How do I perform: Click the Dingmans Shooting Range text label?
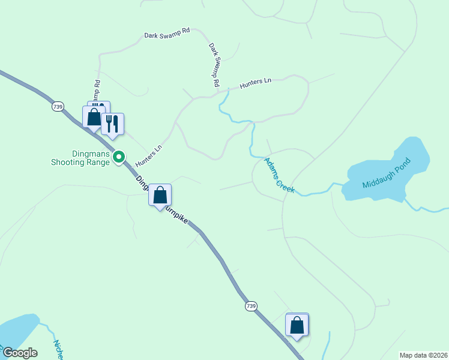tap(79, 158)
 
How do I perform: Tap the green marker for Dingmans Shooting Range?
tap(119, 157)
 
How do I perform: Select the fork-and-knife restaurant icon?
tap(112, 124)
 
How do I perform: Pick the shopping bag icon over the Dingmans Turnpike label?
tap(160, 195)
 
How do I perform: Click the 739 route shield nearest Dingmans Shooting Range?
tap(57, 106)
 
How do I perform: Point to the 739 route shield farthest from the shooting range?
tap(250, 306)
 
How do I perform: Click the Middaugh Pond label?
tap(387, 173)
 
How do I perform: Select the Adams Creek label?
tap(280, 175)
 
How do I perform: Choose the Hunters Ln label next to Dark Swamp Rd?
tap(256, 83)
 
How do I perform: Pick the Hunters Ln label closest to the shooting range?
tap(149, 156)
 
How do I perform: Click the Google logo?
tap(19, 353)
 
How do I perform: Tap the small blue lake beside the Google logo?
tap(16, 330)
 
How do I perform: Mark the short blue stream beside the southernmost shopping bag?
tap(327, 346)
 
